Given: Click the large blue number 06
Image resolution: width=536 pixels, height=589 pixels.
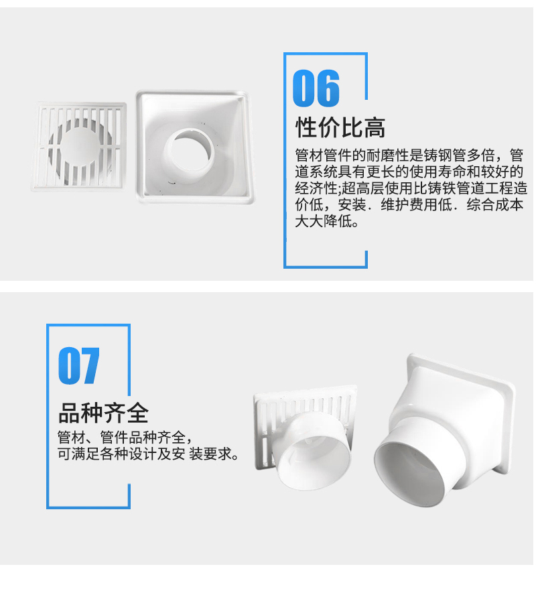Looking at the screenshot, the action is (x=316, y=88).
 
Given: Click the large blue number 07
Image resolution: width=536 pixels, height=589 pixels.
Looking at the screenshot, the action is (x=79, y=366).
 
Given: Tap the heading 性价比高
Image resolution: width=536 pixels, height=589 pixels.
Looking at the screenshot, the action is (x=340, y=128).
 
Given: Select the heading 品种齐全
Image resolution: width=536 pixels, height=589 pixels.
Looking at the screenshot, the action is (x=103, y=413).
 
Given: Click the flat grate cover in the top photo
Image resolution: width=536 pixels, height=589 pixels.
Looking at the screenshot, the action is (x=79, y=147).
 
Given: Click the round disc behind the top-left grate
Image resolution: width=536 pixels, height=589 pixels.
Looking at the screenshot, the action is (x=80, y=147).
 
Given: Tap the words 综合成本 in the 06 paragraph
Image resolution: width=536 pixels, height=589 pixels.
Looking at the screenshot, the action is (x=495, y=205).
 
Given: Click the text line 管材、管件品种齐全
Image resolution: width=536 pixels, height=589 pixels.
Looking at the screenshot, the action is (x=121, y=438).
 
